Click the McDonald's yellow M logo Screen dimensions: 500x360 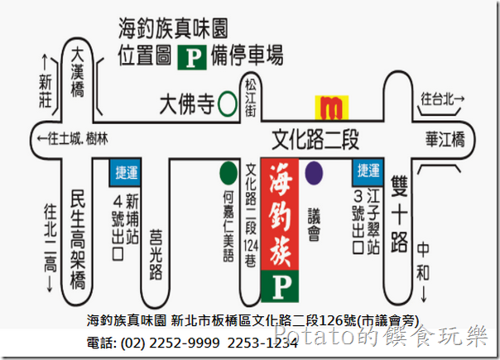(332, 107)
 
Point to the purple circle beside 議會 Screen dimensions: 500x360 (314, 173)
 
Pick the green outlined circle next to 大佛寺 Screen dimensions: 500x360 (226, 105)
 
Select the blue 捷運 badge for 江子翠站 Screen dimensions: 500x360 (366, 170)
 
